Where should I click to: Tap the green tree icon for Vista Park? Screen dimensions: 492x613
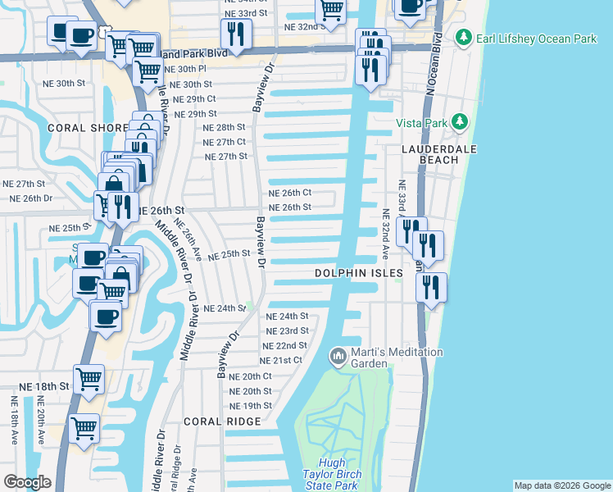tap(460, 122)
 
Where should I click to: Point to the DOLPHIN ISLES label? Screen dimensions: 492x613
tap(360, 272)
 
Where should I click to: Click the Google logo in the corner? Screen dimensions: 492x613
tap(28, 482)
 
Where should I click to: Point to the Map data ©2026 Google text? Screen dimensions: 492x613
tap(561, 485)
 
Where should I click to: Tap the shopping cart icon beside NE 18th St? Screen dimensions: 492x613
tap(89, 379)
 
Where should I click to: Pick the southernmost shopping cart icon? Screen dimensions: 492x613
tap(84, 428)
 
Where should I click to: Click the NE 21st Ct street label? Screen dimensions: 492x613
tap(281, 360)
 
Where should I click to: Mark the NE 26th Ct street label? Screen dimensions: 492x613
tap(290, 193)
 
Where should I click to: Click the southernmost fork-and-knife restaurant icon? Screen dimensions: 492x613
tap(431, 287)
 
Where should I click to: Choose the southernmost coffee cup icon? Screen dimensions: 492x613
tap(106, 315)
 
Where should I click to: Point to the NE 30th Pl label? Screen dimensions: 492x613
tap(198, 70)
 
